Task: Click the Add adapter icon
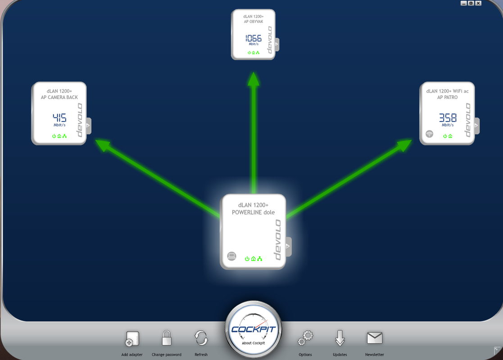coord(132,339)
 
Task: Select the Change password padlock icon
coord(167,338)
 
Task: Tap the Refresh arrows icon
coord(201,338)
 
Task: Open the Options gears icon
coord(305,338)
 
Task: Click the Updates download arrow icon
coord(340,338)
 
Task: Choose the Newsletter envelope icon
coord(374,338)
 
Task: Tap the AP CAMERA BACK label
coord(59,97)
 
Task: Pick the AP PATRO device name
coord(447,97)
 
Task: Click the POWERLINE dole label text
coord(253,212)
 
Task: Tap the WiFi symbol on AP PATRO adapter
coord(430,134)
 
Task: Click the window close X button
coord(478,3)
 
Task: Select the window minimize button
coord(463,3)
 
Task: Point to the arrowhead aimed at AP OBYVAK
coord(254,79)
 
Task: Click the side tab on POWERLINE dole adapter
coord(288,247)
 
